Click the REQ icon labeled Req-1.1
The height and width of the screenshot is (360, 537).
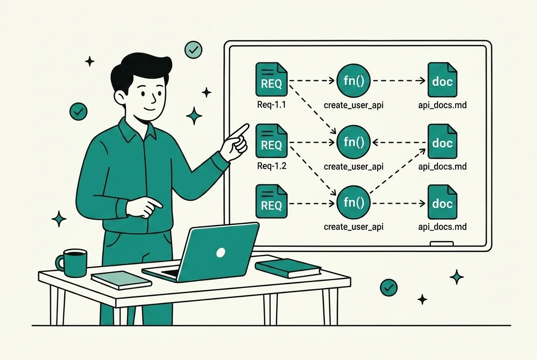271,79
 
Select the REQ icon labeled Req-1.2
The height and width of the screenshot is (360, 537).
271,141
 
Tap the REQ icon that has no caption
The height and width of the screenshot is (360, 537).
271,201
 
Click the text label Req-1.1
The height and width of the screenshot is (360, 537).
271,105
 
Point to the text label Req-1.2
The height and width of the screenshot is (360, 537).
271,166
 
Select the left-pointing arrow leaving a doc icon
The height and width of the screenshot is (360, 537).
399,143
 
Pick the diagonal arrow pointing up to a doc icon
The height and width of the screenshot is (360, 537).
398,171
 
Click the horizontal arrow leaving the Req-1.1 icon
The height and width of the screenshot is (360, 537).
312,81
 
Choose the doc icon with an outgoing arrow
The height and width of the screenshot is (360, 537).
442,141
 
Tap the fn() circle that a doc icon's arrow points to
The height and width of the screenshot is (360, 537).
353,142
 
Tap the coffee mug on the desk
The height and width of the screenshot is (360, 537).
72,263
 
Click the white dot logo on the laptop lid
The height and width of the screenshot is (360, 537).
220,252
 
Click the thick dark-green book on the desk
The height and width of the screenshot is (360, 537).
288,268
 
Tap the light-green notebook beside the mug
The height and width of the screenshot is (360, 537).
122,280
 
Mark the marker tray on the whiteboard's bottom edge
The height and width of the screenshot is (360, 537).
441,244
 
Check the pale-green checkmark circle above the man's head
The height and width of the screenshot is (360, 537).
193,50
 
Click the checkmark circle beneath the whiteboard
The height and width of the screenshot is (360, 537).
389,287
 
